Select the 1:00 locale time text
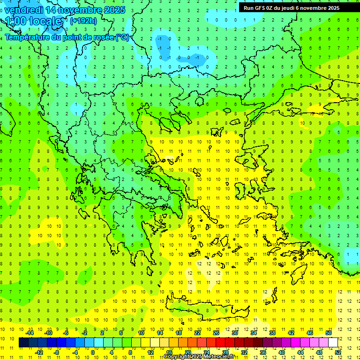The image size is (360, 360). tap(34, 21)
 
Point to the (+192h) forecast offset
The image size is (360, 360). tap(83, 21)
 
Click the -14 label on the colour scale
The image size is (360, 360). tap(29, 333)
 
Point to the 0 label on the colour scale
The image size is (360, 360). tap(93, 352)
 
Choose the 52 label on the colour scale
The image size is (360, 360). tap(338, 352)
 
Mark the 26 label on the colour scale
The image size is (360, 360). tap(216, 333)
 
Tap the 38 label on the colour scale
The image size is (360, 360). tap(272, 333)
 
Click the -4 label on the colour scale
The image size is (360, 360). tap(75, 352)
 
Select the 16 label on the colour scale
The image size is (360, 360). tap(169, 352)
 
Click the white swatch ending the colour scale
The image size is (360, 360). tap(333, 342)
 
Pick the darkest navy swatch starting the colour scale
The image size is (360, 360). tap(23, 342)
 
